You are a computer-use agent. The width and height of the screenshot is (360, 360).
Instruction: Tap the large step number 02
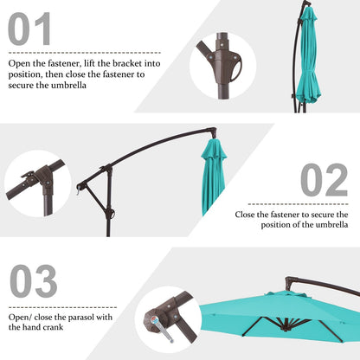(x=324, y=180)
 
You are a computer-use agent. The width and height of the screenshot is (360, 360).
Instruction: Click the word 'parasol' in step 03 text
(x=96, y=316)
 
